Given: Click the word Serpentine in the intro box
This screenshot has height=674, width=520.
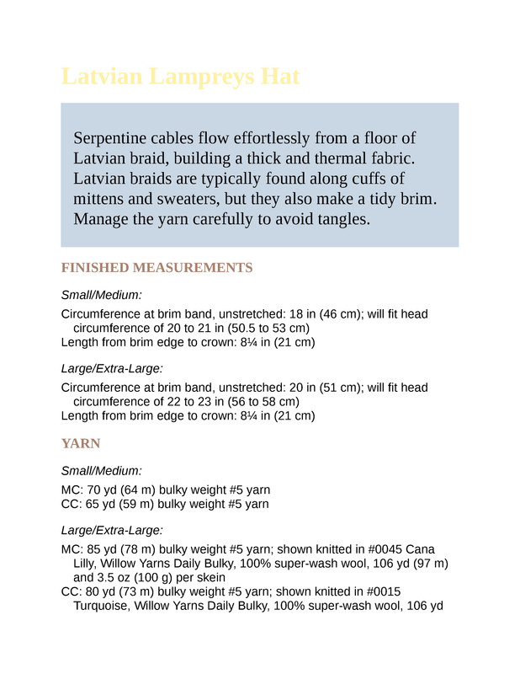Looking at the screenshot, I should [x=111, y=137].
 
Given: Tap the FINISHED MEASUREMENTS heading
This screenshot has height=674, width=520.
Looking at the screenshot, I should [x=157, y=268].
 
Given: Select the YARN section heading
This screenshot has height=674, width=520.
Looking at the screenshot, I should [x=81, y=443].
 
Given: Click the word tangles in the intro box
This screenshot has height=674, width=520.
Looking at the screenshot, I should [x=342, y=220].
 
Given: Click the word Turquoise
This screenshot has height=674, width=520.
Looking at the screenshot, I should [x=104, y=606].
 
